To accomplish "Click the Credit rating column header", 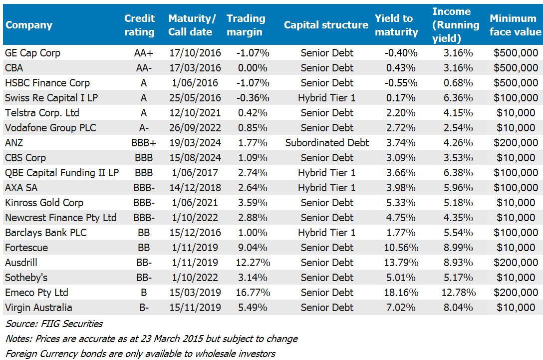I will tap(139, 25).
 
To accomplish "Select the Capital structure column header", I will tap(326, 25).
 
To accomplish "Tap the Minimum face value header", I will tap(515, 25).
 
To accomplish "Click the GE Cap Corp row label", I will tap(33, 53).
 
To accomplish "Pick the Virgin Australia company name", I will tap(38, 308).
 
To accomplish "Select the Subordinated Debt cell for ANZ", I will tap(327, 143).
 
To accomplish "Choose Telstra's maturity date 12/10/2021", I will tap(192, 113).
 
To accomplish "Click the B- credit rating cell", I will tap(144, 308).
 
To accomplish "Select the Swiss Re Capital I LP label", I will tap(51, 98).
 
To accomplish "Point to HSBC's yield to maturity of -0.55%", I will tap(401, 83).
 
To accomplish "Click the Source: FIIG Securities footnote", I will tap(54, 324).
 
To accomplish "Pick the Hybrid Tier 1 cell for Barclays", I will tap(327, 233).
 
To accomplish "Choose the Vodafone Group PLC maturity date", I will tap(192, 128).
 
